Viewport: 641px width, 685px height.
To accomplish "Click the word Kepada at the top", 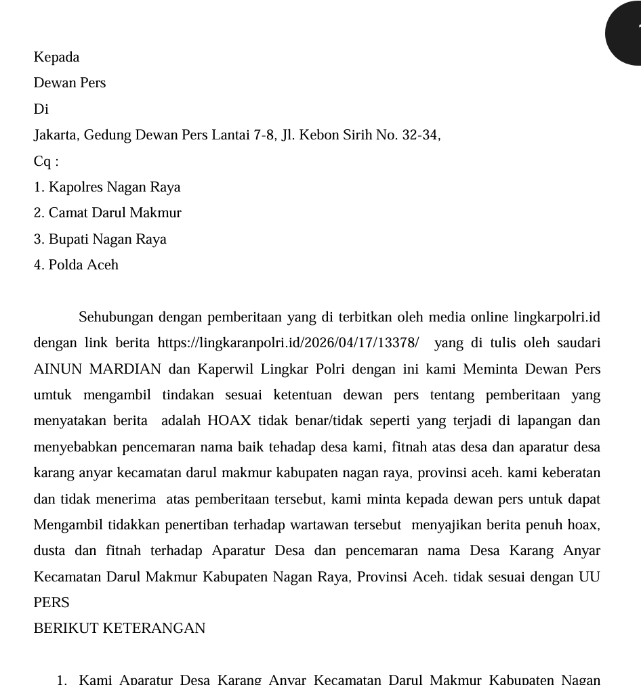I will tap(56, 58).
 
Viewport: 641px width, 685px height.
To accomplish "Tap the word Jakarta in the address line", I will tap(56, 135).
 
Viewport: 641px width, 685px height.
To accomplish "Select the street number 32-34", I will tap(420, 135).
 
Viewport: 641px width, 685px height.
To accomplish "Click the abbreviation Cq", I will tap(43, 162).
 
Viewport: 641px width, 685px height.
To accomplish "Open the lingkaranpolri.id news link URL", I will tap(288, 343).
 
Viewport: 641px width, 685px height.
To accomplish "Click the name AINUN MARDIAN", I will tap(98, 370).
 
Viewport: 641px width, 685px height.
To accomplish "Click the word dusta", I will tap(49, 551).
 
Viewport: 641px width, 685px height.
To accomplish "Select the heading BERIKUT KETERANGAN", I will tap(119, 629).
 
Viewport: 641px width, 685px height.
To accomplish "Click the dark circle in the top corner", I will tap(627, 32).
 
